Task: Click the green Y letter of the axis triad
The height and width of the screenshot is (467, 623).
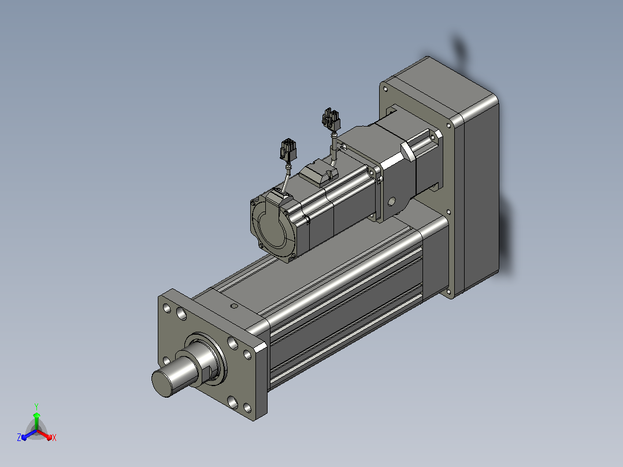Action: tap(36, 406)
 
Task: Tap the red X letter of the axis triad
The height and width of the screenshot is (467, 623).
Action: tap(54, 438)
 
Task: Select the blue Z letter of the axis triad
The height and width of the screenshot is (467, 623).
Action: tap(19, 438)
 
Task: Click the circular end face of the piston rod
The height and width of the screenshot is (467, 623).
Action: tap(162, 383)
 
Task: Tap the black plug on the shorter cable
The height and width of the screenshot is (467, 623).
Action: tap(288, 150)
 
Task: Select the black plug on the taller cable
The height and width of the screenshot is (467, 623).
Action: tap(331, 119)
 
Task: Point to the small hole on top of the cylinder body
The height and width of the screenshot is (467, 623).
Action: tap(234, 306)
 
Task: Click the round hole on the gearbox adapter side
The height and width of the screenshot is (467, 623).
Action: tap(391, 202)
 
